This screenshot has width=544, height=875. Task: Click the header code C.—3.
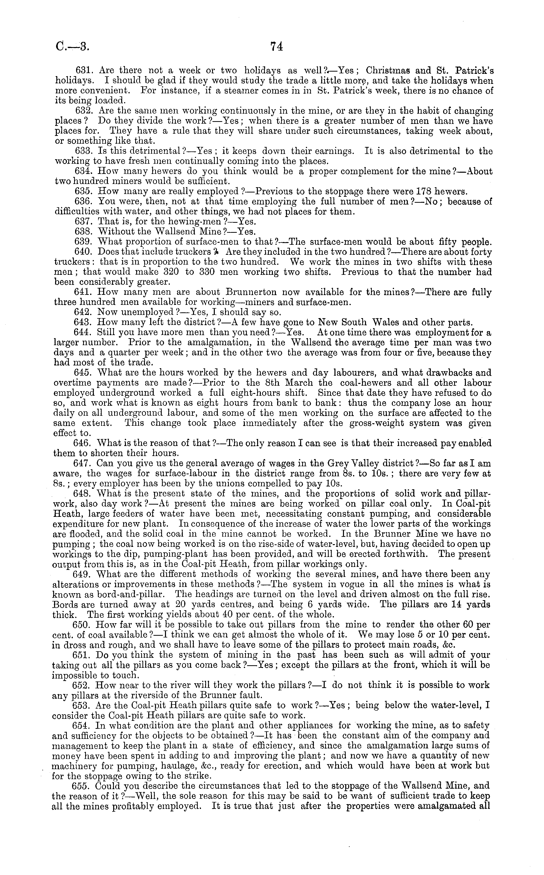click(x=72, y=47)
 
